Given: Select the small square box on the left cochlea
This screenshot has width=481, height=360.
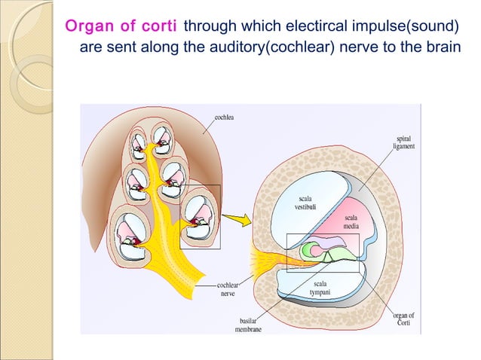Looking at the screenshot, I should (200, 217).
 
